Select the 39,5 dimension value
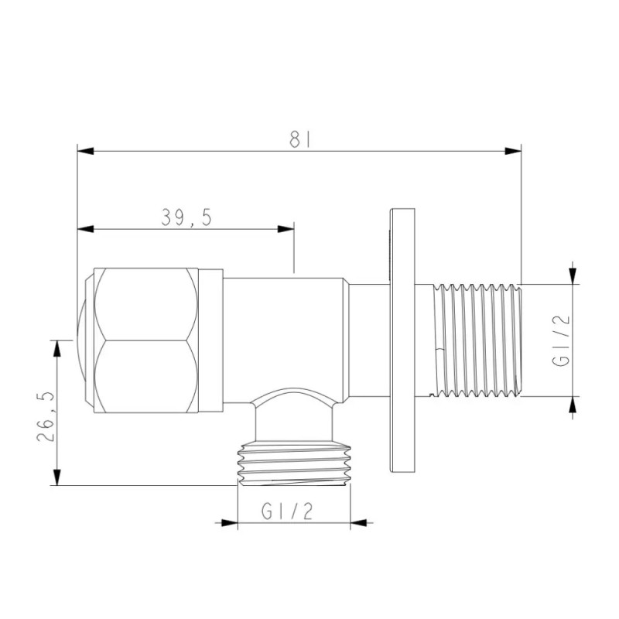tap(186, 218)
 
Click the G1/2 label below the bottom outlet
tap(288, 511)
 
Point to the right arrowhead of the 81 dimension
tap(513, 151)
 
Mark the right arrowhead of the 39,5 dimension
tap(287, 228)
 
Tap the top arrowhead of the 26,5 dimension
tap(56, 346)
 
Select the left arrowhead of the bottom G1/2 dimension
tap(229, 523)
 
